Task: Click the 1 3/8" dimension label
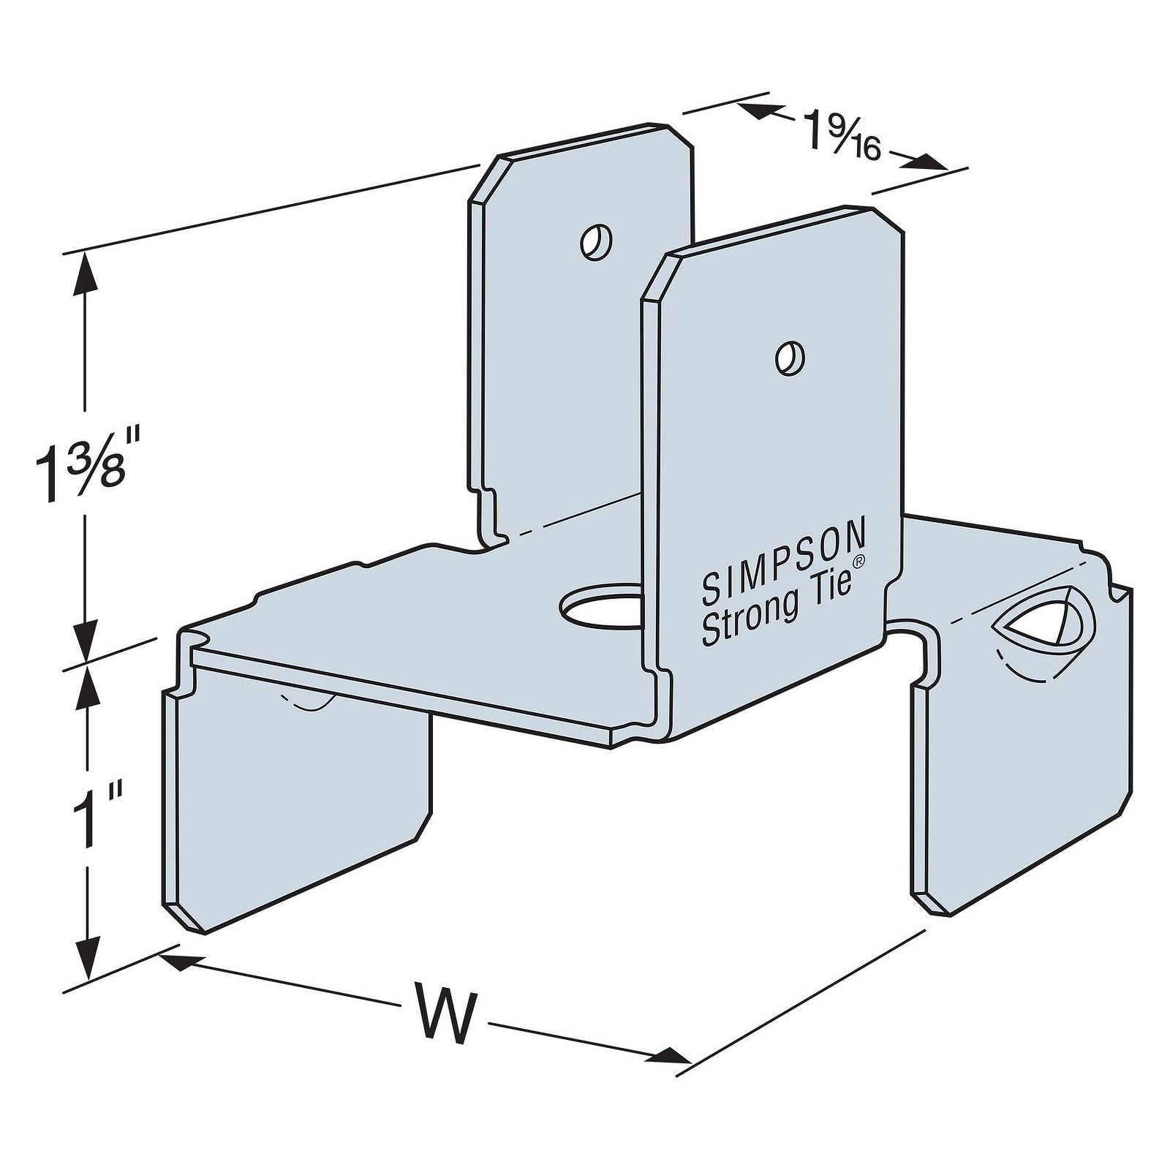(x=82, y=468)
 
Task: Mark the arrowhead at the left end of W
(x=175, y=961)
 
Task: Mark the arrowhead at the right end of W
(x=673, y=1054)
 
